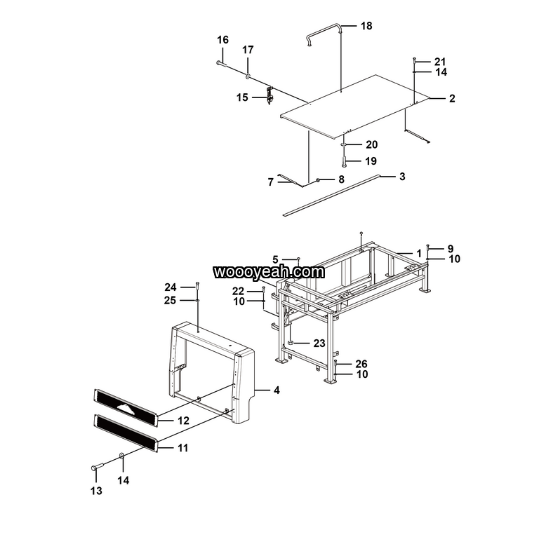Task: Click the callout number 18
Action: [366, 26]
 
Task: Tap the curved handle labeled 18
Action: [324, 29]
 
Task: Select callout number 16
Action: [222, 40]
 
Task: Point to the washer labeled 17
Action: [248, 75]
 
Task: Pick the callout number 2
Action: [452, 99]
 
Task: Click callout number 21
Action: [440, 62]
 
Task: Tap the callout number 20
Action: [371, 145]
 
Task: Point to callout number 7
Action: [270, 182]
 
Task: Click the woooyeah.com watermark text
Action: [269, 271]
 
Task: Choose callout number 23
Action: [319, 344]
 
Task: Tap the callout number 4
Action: [277, 390]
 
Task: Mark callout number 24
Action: [171, 287]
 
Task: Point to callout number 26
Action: [361, 364]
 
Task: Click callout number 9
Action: [451, 249]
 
